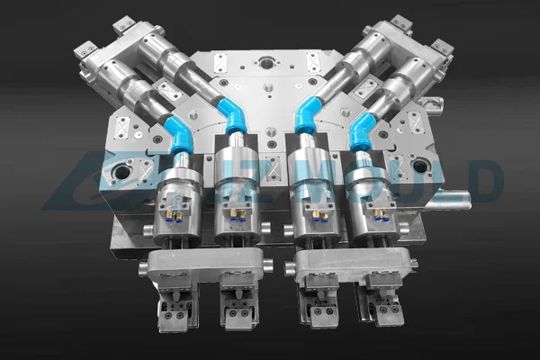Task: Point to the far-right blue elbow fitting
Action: (362, 133)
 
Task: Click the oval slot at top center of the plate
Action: (267, 63)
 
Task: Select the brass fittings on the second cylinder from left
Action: (237, 214)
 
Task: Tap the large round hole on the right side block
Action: (419, 166)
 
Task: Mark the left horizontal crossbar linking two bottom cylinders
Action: (204, 264)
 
